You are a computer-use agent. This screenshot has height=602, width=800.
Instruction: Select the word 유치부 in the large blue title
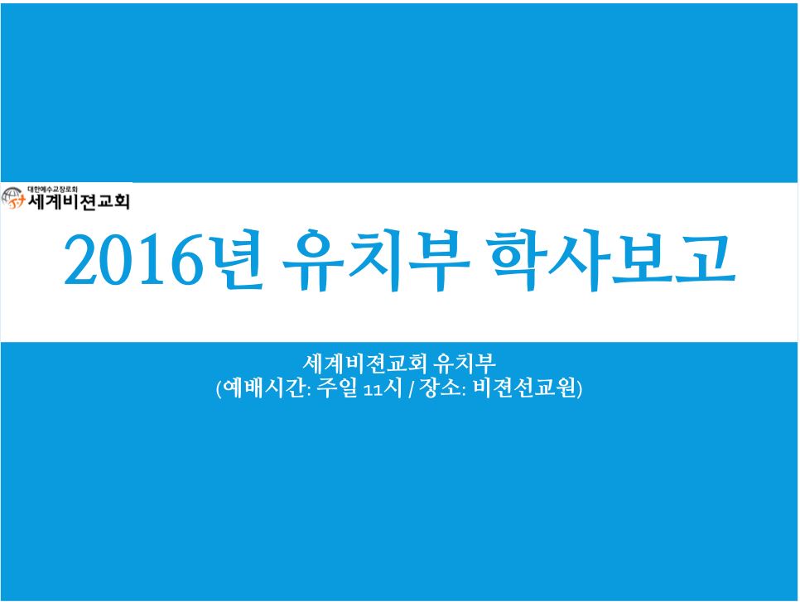tap(376, 260)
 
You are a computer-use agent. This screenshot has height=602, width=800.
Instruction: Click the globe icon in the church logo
tap(12, 198)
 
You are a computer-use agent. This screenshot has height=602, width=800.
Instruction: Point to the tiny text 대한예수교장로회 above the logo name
tap(52, 190)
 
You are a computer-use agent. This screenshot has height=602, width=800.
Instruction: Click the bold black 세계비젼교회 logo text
tap(79, 201)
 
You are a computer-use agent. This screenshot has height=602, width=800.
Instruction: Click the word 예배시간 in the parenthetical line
tap(264, 388)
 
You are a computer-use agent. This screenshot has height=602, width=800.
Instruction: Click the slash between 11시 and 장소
tap(412, 389)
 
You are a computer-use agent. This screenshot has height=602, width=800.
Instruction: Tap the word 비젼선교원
tap(524, 388)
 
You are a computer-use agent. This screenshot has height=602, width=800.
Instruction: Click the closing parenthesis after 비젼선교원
tap(579, 388)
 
